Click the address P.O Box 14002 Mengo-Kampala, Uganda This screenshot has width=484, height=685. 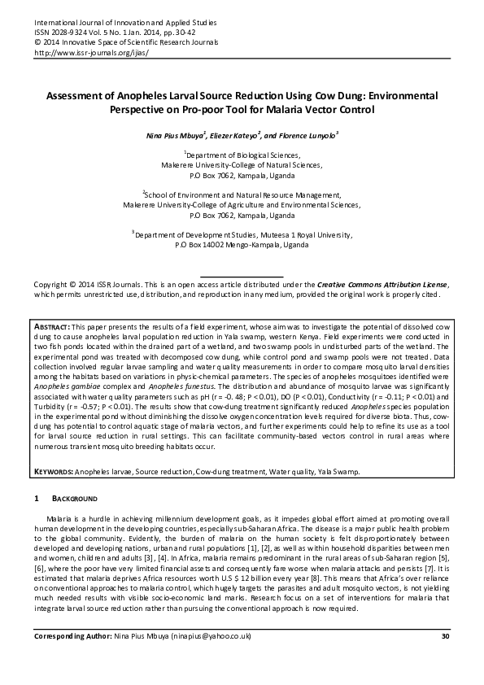tap(242, 244)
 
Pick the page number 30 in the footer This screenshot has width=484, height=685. tap(445, 658)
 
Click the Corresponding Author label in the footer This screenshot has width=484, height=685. tap(72, 658)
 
